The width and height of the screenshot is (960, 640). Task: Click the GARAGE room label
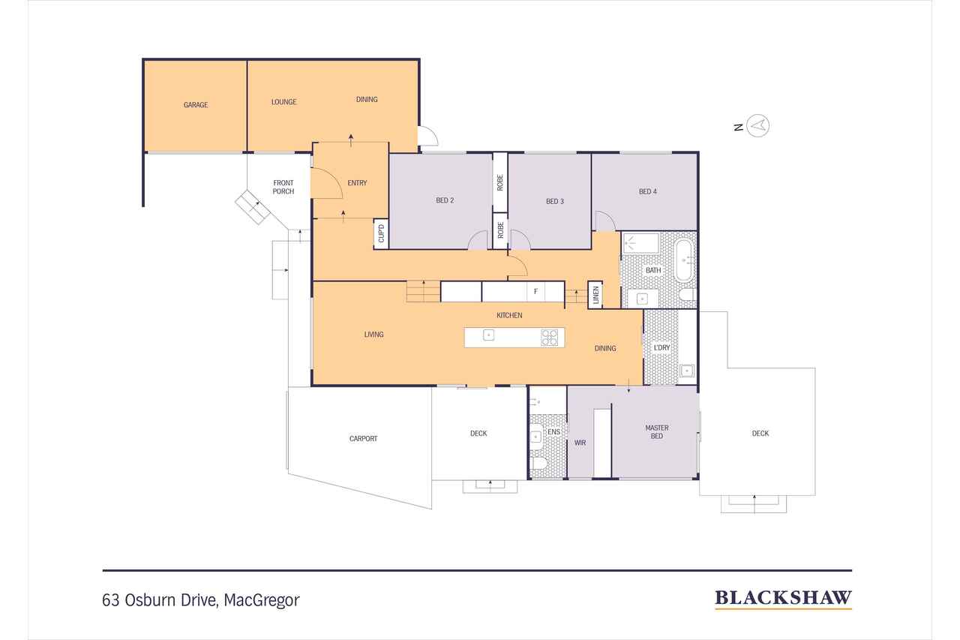click(196, 104)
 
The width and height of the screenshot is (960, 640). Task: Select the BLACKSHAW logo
click(783, 599)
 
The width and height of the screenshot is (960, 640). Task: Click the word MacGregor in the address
click(262, 600)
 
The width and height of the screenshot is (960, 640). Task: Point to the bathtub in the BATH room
click(684, 260)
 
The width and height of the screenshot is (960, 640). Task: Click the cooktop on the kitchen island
click(550, 338)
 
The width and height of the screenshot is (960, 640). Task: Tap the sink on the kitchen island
click(488, 335)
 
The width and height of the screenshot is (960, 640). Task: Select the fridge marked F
click(535, 292)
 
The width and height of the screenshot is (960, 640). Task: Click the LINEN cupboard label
click(595, 295)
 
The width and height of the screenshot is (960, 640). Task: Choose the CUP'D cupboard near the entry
click(381, 233)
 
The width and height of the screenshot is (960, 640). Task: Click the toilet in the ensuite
click(538, 463)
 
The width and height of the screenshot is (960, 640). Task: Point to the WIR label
click(580, 443)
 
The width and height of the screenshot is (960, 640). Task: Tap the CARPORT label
click(364, 438)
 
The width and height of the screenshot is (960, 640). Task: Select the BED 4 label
click(647, 191)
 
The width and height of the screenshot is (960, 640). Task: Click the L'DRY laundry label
click(661, 347)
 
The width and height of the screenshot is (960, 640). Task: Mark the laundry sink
click(687, 371)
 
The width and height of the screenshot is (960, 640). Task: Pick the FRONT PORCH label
click(283, 187)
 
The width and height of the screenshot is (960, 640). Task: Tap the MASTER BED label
click(656, 431)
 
